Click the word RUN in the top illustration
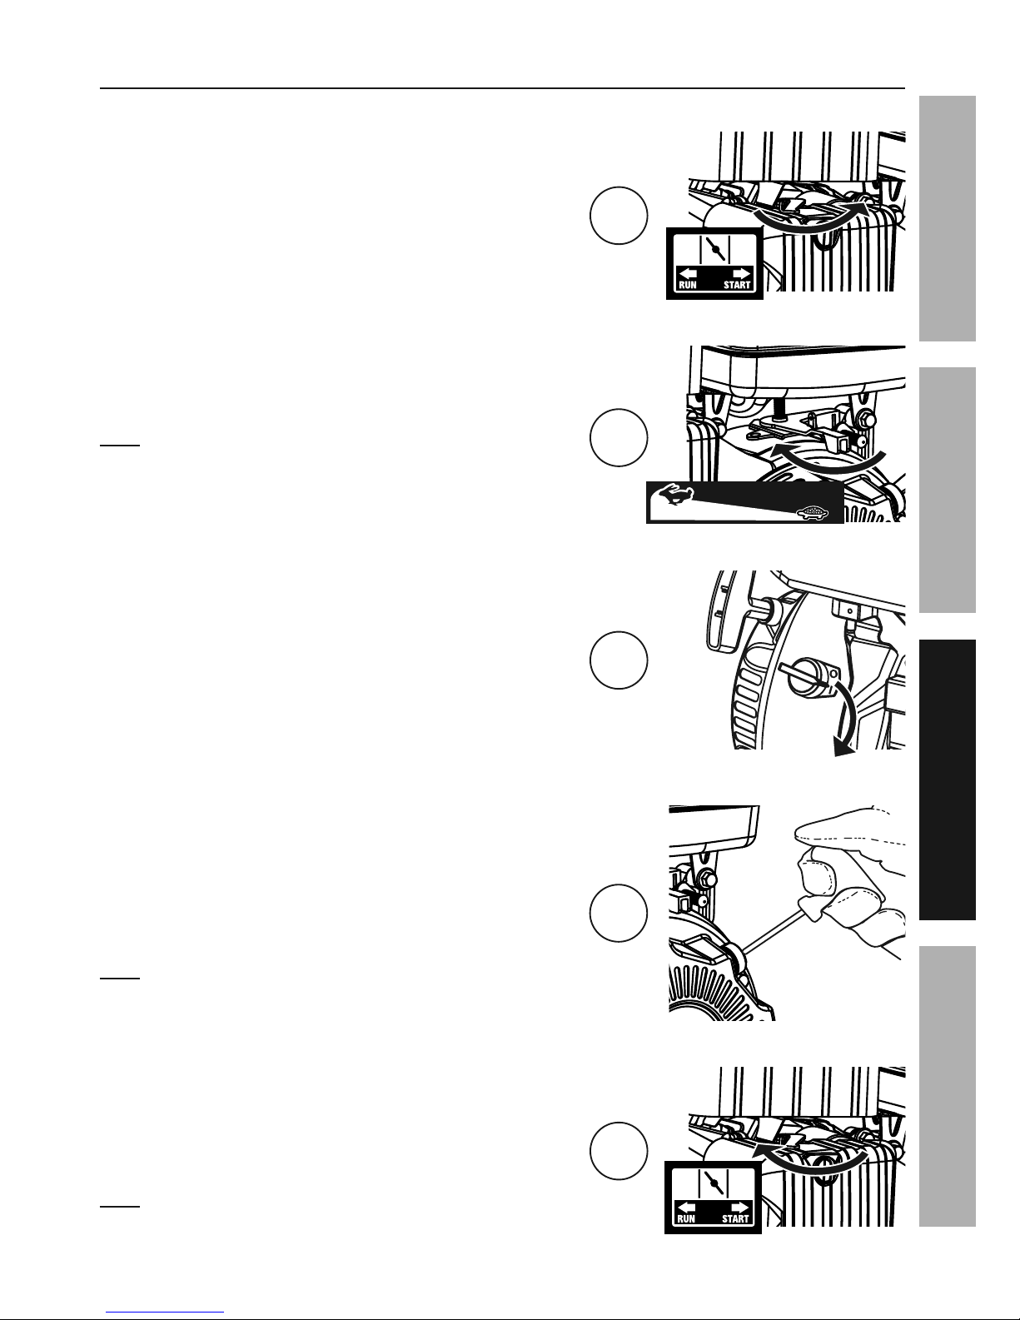[687, 285]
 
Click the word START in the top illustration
[737, 285]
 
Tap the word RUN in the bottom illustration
[685, 1218]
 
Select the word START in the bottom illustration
[735, 1218]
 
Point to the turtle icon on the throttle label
[812, 514]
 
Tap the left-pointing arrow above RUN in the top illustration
[687, 273]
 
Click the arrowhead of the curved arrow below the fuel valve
[842, 748]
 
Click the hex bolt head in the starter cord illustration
[706, 879]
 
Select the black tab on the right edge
[948, 780]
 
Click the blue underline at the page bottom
[165, 1313]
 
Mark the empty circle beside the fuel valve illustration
[619, 660]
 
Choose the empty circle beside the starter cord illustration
[619, 913]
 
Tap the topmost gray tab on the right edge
[948, 219]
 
